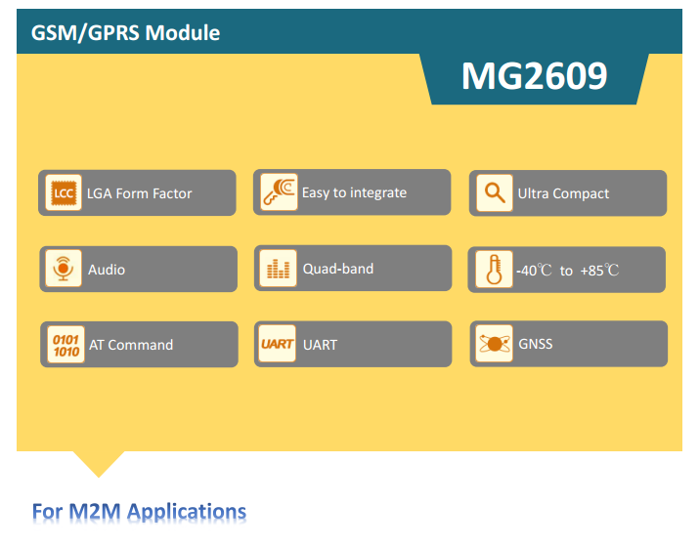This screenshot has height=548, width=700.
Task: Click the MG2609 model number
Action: click(x=534, y=76)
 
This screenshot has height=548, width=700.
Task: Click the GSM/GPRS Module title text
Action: click(x=125, y=33)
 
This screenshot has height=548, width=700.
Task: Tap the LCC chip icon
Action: click(x=64, y=192)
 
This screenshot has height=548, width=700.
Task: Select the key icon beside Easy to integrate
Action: click(x=279, y=191)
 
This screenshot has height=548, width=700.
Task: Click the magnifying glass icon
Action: click(x=495, y=192)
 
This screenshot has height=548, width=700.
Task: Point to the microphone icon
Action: click(x=64, y=269)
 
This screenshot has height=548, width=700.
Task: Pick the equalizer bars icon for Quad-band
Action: click(x=278, y=268)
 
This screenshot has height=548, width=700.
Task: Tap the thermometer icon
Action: click(x=494, y=270)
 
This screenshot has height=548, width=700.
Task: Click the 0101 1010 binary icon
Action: click(x=66, y=344)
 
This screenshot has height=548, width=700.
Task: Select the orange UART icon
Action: click(x=277, y=343)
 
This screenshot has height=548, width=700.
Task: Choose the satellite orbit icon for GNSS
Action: click(x=494, y=343)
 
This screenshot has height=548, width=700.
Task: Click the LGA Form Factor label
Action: click(x=139, y=193)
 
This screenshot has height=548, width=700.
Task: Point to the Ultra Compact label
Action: click(x=563, y=193)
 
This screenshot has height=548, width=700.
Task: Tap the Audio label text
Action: click(x=107, y=270)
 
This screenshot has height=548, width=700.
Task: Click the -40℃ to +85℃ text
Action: click(x=567, y=271)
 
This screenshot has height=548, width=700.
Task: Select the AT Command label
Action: click(x=131, y=345)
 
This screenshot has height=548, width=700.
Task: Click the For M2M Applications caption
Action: click(x=139, y=512)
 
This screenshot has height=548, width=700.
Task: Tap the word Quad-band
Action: click(x=338, y=269)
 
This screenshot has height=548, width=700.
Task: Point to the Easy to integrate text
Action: click(x=355, y=192)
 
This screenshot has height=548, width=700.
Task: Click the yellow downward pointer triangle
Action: click(x=99, y=462)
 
